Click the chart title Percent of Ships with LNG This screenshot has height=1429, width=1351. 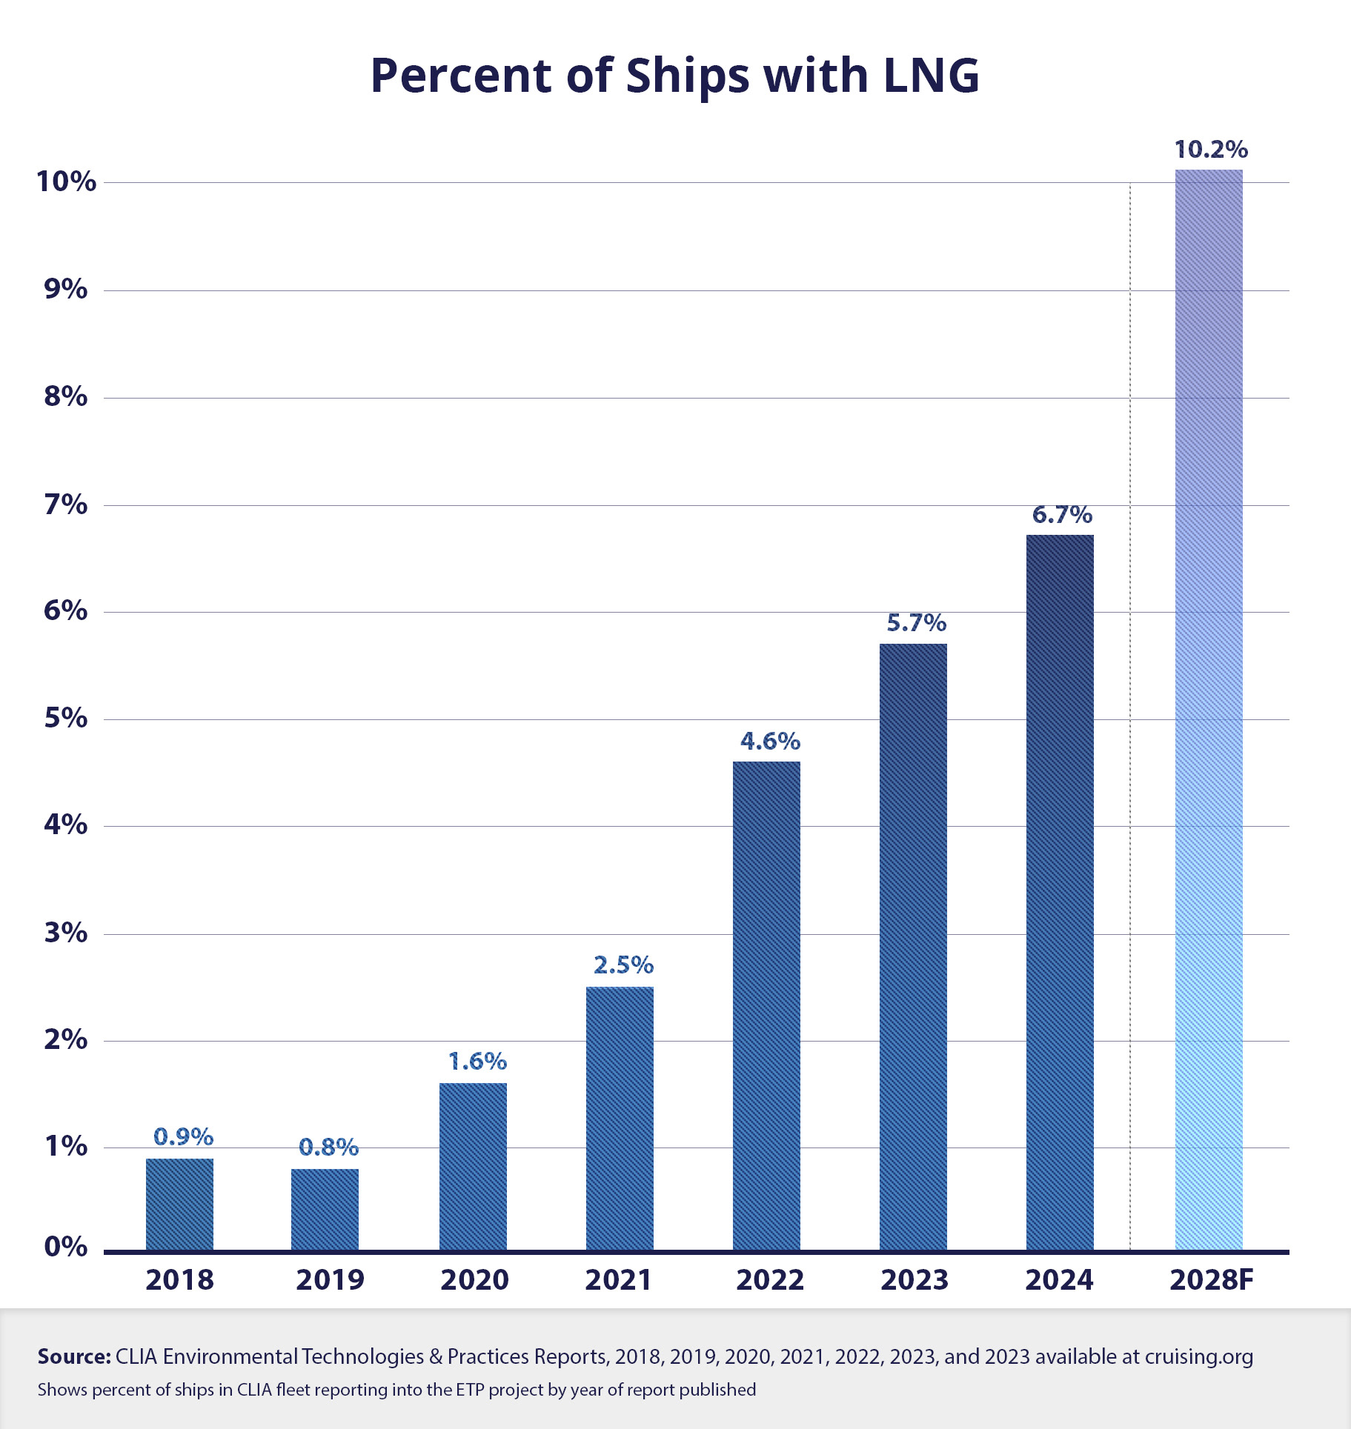pyautogui.click(x=674, y=76)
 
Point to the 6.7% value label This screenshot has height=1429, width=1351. pyautogui.click(x=1062, y=515)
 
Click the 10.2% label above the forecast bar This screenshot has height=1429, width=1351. pyautogui.click(x=1211, y=150)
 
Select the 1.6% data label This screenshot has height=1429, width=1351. pyautogui.click(x=477, y=1062)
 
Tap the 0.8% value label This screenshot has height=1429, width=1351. pyautogui.click(x=328, y=1147)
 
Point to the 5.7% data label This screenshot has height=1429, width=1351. pyautogui.click(x=916, y=623)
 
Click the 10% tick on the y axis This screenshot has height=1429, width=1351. pyautogui.click(x=67, y=181)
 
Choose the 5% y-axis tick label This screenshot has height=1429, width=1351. pyautogui.click(x=66, y=718)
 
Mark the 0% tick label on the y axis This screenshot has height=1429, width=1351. pyautogui.click(x=66, y=1247)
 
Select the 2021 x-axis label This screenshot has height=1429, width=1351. pyautogui.click(x=618, y=1280)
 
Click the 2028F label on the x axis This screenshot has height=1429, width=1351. pyautogui.click(x=1211, y=1280)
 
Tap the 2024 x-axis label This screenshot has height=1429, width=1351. pyautogui.click(x=1059, y=1280)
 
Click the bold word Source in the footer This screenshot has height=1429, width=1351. pyautogui.click(x=74, y=1356)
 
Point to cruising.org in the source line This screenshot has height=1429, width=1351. pyautogui.click(x=1198, y=1356)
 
